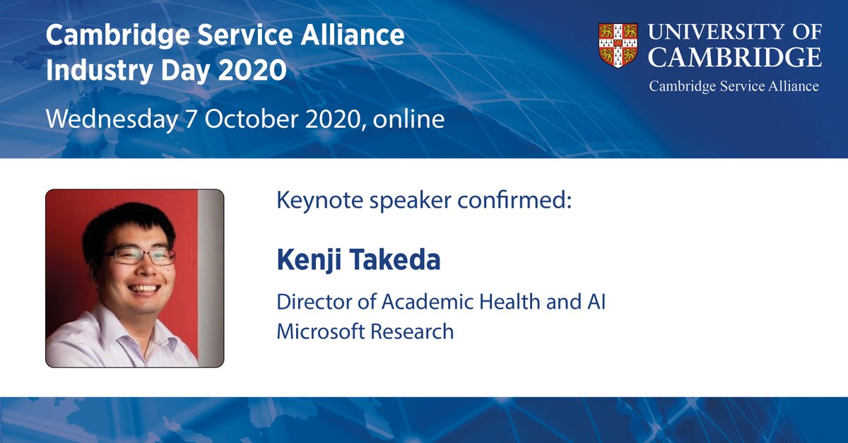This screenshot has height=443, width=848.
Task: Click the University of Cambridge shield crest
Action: click(617, 46)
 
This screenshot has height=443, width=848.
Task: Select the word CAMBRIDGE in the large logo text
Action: click(735, 57)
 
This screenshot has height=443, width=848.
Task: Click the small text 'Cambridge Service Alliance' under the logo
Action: click(734, 86)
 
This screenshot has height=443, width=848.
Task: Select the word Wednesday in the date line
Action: click(110, 119)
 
